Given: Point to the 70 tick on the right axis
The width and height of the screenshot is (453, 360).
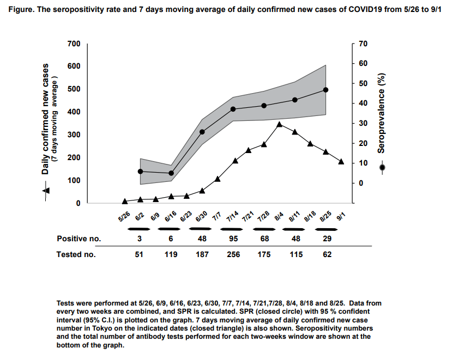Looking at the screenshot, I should click(x=364, y=44).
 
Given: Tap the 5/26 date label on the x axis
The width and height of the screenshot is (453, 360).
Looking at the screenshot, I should click(x=124, y=217).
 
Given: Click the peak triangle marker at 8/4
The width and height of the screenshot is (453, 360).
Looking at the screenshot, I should click(x=279, y=124).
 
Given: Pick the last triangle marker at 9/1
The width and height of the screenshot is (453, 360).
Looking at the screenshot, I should click(x=341, y=161).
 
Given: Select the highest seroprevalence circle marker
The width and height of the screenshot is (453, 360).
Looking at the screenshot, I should click(x=325, y=90).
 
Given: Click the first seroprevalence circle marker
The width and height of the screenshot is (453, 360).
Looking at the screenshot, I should click(x=141, y=172).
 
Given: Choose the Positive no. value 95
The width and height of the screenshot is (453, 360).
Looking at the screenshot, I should click(x=233, y=239).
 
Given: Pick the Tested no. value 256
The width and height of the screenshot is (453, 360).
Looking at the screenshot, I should click(x=233, y=254).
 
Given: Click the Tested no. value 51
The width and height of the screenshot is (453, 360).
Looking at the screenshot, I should click(x=140, y=254).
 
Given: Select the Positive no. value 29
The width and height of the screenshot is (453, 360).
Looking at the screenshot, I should click(x=327, y=239).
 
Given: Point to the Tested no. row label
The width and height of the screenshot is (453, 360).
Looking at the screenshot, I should click(x=76, y=254).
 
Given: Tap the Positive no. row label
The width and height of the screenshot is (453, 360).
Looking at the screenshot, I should click(x=79, y=239).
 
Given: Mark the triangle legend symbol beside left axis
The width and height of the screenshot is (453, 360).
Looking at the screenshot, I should click(x=46, y=190).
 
